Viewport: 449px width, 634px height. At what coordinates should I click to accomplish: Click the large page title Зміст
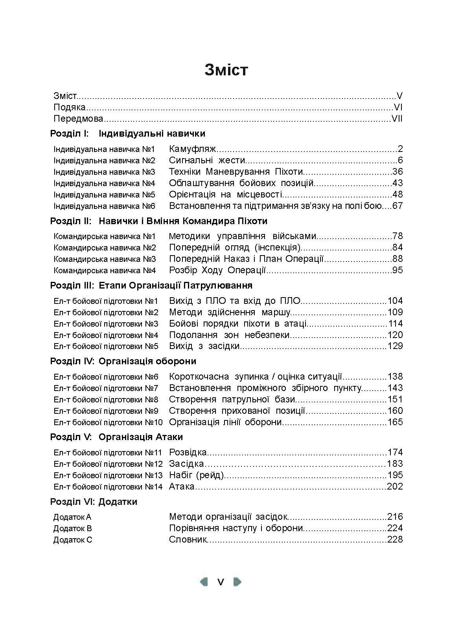226,69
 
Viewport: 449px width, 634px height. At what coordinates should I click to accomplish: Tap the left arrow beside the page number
204,581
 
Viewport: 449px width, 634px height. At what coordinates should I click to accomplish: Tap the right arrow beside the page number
237,581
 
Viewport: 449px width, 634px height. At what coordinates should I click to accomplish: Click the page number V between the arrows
221,582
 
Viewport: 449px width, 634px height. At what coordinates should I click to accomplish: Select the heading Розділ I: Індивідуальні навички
127,133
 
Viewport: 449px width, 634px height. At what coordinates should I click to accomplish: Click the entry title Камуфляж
193,149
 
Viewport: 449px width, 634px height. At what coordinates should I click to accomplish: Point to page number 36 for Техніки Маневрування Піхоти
397,172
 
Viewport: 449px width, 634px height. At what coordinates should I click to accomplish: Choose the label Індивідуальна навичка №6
104,206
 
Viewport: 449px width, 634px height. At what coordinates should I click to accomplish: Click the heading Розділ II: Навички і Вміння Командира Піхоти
158,221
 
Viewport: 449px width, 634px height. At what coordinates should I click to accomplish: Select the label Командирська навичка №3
105,259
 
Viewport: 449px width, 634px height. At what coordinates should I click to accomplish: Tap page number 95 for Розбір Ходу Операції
397,270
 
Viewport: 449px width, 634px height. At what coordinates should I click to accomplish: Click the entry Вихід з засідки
204,346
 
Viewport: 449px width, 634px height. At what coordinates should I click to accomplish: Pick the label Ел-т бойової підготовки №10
108,422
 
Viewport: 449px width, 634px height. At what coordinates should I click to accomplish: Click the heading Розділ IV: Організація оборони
123,361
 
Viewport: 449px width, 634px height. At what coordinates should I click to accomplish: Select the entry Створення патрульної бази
232,399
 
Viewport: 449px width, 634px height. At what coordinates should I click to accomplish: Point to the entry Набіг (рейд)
196,475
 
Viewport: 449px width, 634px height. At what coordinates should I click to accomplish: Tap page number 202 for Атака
395,486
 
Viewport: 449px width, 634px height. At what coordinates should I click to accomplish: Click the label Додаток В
73,528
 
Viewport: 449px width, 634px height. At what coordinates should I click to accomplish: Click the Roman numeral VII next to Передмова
397,119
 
